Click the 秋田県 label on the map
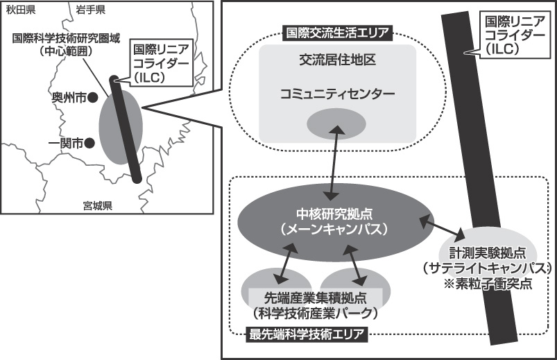coord(22,9)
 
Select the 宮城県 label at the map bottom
coord(97,205)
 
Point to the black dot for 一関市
coord(89,144)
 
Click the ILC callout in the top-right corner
coord(513,35)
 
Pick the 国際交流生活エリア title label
coord(336,33)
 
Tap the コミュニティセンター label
coord(337,93)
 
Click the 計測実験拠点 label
coord(485,252)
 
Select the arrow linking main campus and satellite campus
coord(442,228)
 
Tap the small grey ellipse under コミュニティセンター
coord(336,123)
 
